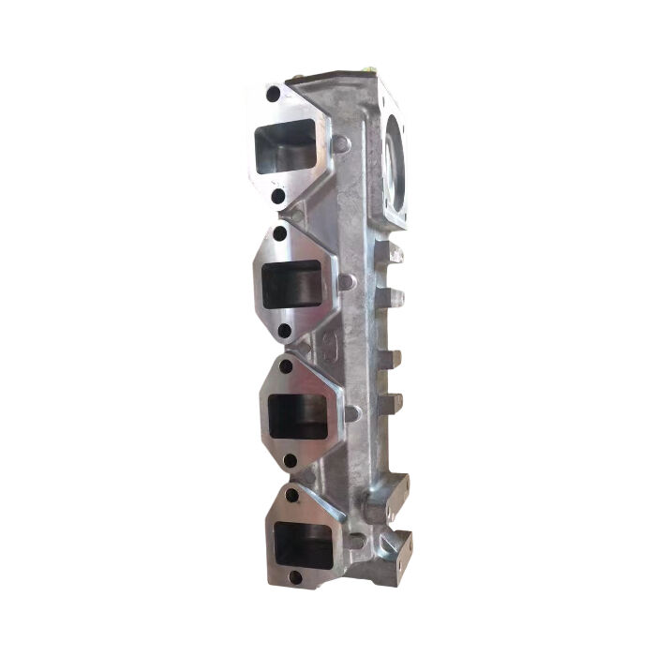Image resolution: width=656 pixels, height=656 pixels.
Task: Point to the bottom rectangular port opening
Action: (303, 543)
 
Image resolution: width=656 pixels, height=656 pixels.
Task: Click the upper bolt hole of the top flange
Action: (273, 95)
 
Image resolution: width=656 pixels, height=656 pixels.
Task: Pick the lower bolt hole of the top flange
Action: (276, 197)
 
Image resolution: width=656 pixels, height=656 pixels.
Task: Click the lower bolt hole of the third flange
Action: (290, 460)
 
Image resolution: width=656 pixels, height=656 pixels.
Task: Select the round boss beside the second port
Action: (346, 281)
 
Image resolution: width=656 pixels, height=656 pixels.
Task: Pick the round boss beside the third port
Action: (351, 412)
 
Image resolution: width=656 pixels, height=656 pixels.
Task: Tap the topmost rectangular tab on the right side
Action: (395, 253)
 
